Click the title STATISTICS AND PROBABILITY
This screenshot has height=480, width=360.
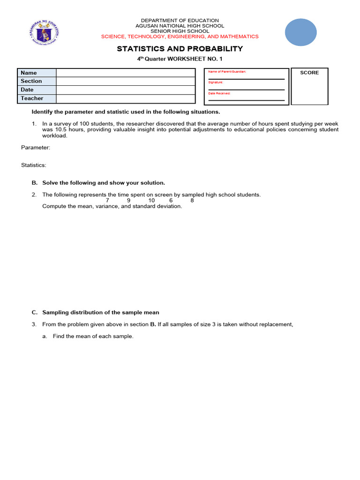coord(180,49)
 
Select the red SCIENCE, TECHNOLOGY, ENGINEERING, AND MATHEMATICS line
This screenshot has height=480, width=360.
coord(180,37)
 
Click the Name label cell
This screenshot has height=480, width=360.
coord(37,73)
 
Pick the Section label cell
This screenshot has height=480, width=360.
coord(37,81)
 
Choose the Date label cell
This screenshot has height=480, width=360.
coord(37,90)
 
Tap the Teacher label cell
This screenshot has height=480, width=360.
coord(37,98)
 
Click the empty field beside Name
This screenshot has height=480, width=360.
coord(125,73)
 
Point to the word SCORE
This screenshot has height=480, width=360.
coord(309,73)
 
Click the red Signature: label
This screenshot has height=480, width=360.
coord(216,82)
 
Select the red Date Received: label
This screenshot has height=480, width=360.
coord(219,93)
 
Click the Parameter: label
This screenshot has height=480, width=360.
coord(36,147)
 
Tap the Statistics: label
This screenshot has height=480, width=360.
coord(34,165)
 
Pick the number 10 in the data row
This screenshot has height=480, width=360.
coord(151,201)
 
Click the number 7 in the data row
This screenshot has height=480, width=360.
coord(107,201)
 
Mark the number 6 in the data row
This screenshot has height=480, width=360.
coord(171,201)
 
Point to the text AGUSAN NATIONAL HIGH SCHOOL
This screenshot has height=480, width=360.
coord(180,26)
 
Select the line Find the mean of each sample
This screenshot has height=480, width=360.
coord(93,336)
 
